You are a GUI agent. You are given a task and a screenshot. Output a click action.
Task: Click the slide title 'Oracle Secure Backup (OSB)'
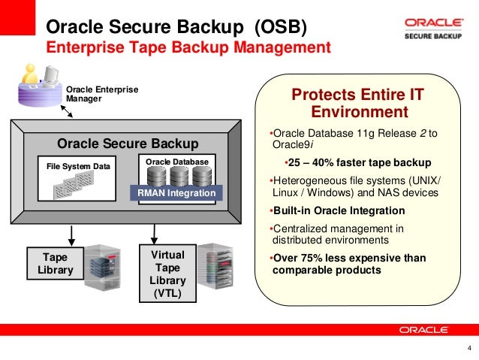coord(176,27)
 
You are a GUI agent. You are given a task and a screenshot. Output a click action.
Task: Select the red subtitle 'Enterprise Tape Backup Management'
coord(188,48)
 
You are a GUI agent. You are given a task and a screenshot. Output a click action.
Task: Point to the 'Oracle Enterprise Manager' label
coord(102,93)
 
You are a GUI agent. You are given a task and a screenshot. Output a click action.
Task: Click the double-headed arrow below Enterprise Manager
coord(67,110)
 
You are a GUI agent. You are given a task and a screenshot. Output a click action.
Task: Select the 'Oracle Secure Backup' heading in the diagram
coord(128,144)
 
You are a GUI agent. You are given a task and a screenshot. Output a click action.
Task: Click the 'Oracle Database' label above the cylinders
coord(177,161)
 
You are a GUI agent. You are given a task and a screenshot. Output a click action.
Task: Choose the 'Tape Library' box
coord(55,264)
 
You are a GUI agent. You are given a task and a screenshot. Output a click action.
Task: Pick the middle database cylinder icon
coord(179,176)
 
